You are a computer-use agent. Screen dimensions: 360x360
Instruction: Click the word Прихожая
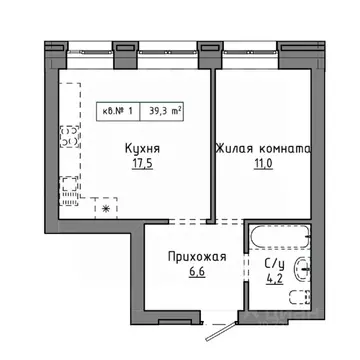click(x=196, y=257)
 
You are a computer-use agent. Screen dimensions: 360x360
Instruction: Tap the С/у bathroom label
click(x=273, y=264)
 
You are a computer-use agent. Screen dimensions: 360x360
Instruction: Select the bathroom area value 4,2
click(x=273, y=279)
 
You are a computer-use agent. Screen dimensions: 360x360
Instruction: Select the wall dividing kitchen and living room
click(x=210, y=140)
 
